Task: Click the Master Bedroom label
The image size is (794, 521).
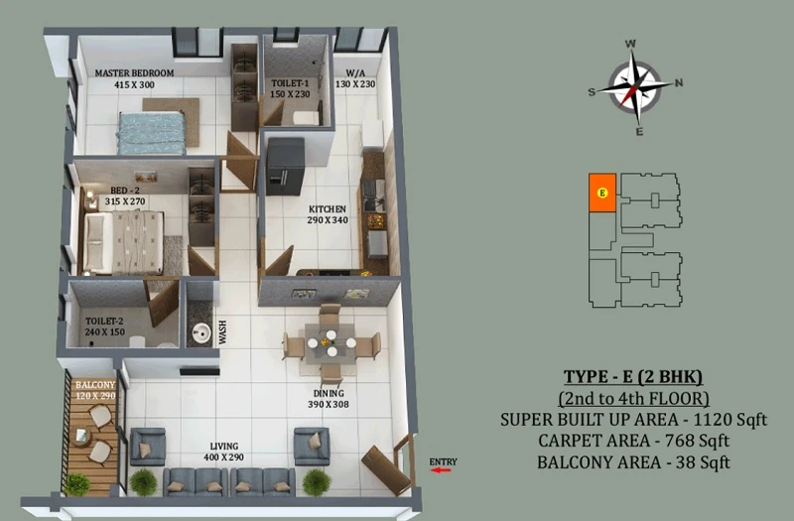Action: [134, 72]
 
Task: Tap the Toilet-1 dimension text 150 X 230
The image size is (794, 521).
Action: [290, 94]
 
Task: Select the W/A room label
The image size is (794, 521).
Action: [355, 72]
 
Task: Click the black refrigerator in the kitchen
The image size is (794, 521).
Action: [285, 166]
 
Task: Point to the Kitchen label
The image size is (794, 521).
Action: [328, 209]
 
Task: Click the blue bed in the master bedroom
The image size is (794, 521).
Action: [152, 133]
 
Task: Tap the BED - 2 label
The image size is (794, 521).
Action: [125, 191]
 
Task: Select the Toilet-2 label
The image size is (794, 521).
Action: [104, 321]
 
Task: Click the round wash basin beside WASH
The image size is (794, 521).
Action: [201, 333]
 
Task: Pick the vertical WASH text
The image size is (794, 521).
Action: [222, 332]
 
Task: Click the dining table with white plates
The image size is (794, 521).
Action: [330, 343]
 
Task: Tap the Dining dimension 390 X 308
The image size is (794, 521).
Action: [329, 405]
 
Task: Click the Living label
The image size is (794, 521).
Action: [224, 446]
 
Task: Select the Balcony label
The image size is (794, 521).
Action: [95, 385]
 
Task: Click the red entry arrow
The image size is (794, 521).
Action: [441, 470]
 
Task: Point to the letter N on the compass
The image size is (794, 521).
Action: [679, 82]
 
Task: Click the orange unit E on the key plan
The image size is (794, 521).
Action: [602, 193]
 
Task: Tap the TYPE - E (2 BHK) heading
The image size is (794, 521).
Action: [633, 377]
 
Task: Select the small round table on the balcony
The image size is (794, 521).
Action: [81, 435]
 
